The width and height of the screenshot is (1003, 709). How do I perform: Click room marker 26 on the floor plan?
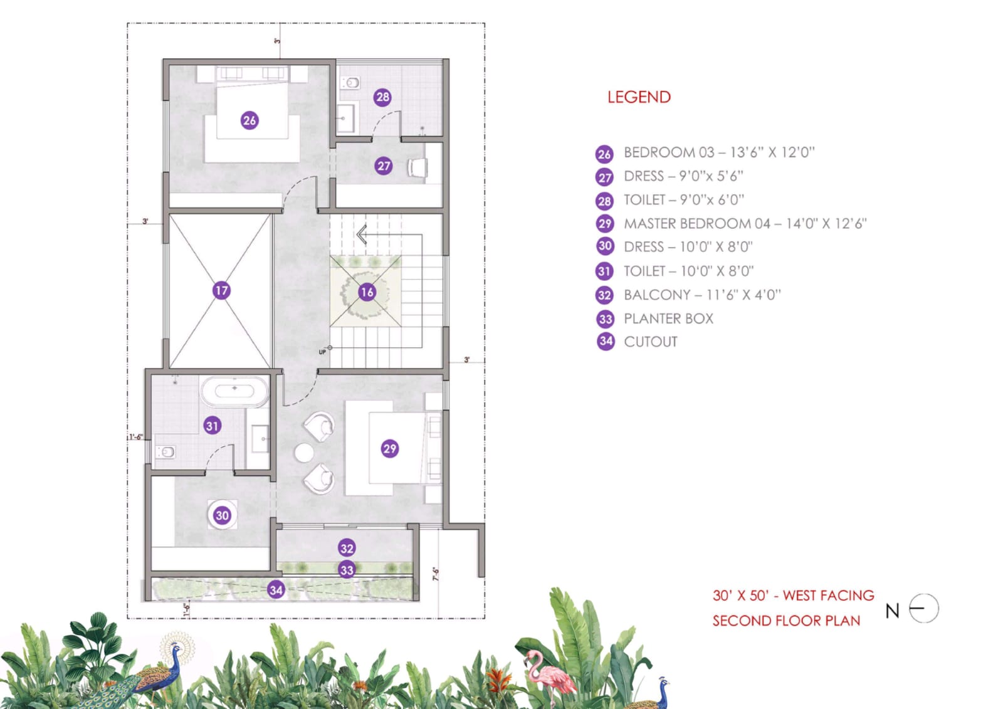coord(249,120)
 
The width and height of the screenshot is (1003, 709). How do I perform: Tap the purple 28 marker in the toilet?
coord(382,97)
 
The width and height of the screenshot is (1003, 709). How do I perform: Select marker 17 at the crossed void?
coord(221,291)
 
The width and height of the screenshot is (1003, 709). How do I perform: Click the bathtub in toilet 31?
coord(234,391)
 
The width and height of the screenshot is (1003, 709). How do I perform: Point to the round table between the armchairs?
coord(304,453)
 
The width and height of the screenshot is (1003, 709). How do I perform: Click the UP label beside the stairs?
coord(322,352)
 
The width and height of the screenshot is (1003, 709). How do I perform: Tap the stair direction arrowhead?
coord(362,234)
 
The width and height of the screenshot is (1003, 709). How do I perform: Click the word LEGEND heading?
coord(639,97)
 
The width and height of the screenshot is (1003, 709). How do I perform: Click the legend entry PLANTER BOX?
coord(668,319)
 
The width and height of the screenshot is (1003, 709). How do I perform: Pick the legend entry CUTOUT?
coord(651,342)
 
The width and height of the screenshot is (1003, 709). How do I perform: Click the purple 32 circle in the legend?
coord(604,295)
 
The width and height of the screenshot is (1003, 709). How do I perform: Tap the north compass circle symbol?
coord(924,608)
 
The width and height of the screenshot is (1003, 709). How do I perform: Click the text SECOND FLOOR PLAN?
coord(786,621)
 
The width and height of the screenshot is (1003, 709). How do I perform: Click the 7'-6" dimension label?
coord(435,574)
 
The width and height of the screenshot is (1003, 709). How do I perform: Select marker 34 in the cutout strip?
coord(276,590)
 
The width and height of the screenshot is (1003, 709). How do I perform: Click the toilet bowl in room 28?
coord(350,83)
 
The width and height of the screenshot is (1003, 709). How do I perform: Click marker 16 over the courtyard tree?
coord(367,293)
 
